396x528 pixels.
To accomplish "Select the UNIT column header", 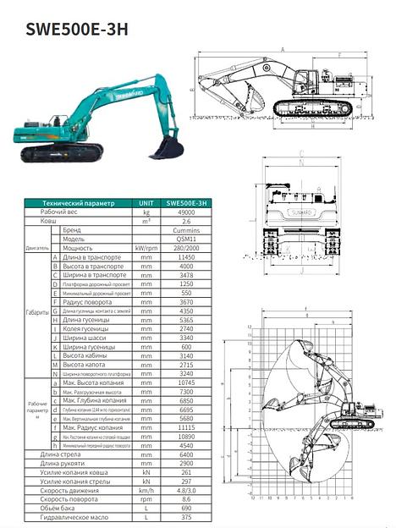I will click(146, 203).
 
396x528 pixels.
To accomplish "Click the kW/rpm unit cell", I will click(146, 248).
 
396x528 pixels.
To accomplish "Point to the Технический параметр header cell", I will click(78, 203).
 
